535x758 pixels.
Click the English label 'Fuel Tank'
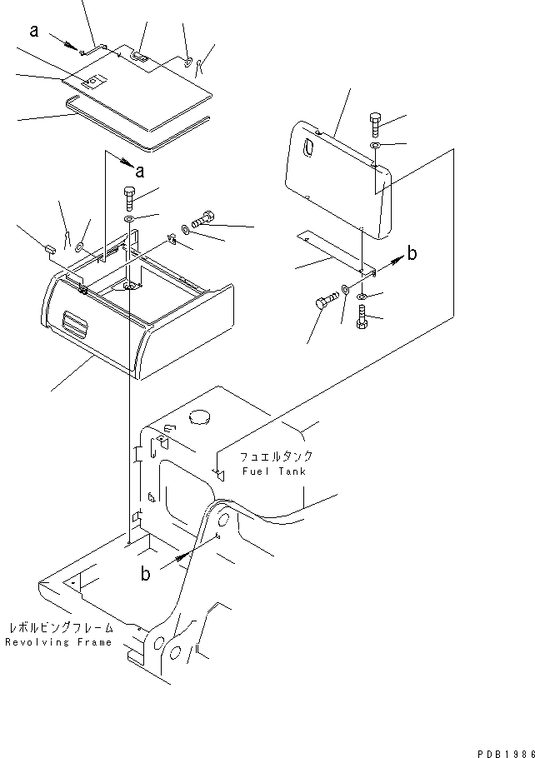[x=272, y=471]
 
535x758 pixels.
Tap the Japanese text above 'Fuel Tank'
[x=276, y=457]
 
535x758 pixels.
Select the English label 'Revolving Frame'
[x=57, y=643]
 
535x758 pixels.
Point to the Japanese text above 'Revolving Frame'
[x=57, y=628]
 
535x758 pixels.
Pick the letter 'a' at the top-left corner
[x=34, y=31]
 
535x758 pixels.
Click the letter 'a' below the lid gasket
[x=138, y=172]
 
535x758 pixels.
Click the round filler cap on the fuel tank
[x=200, y=416]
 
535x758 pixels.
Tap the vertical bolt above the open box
[x=130, y=199]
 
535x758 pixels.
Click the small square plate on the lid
[x=94, y=82]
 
